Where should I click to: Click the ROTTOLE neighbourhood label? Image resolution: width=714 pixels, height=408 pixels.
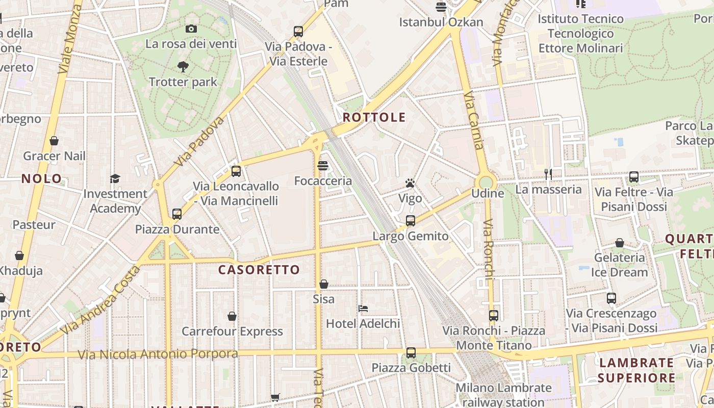[374, 117]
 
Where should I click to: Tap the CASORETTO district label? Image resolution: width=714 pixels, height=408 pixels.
[259, 270]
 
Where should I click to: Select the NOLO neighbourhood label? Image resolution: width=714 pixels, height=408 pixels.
[41, 179]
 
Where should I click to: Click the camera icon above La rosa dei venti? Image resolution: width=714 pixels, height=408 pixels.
[191, 29]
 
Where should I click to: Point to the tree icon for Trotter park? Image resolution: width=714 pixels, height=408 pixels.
[183, 67]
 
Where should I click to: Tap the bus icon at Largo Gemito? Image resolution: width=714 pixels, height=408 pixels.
[411, 221]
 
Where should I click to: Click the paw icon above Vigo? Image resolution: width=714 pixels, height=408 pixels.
[410, 183]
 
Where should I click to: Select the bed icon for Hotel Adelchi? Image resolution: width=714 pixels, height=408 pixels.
[363, 309]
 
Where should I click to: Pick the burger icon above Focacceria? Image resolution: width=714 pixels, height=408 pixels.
[323, 166]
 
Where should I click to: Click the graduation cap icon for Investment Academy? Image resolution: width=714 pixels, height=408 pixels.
[115, 178]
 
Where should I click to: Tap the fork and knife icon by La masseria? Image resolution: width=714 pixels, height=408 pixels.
[548, 174]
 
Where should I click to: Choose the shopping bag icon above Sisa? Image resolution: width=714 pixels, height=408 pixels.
[324, 284]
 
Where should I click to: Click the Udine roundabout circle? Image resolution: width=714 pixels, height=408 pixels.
[486, 182]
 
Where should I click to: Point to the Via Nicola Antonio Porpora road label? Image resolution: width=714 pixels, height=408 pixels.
[158, 354]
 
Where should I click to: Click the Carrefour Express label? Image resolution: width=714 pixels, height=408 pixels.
[232, 331]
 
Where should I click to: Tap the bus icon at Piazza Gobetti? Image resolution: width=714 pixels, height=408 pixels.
[411, 352]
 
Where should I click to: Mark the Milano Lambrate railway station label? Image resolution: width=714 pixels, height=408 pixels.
[503, 395]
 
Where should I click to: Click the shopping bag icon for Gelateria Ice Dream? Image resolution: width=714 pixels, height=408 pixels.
[620, 243]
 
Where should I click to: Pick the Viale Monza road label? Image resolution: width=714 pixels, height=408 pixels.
[70, 38]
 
